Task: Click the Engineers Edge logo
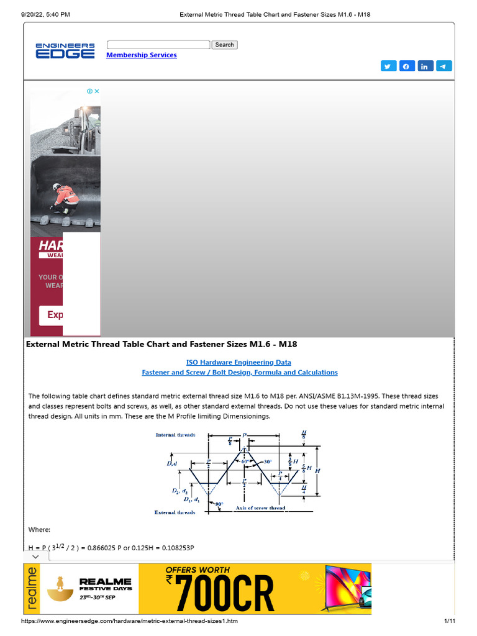pos(65,50)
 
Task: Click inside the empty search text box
pos(158,45)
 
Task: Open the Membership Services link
pos(142,55)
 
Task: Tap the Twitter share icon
pos(388,66)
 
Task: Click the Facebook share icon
pos(407,66)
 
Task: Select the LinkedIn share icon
pos(425,66)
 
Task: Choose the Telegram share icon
pos(444,66)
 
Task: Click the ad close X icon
pos(97,91)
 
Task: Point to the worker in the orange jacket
pos(63,198)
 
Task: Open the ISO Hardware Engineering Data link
pos(238,362)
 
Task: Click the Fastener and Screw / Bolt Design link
pos(240,373)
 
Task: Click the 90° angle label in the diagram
pos(219,504)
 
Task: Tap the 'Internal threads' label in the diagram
pos(175,435)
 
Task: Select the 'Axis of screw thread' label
pos(260,508)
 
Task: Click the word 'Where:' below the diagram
pos(39,529)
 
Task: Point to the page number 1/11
pos(450,621)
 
